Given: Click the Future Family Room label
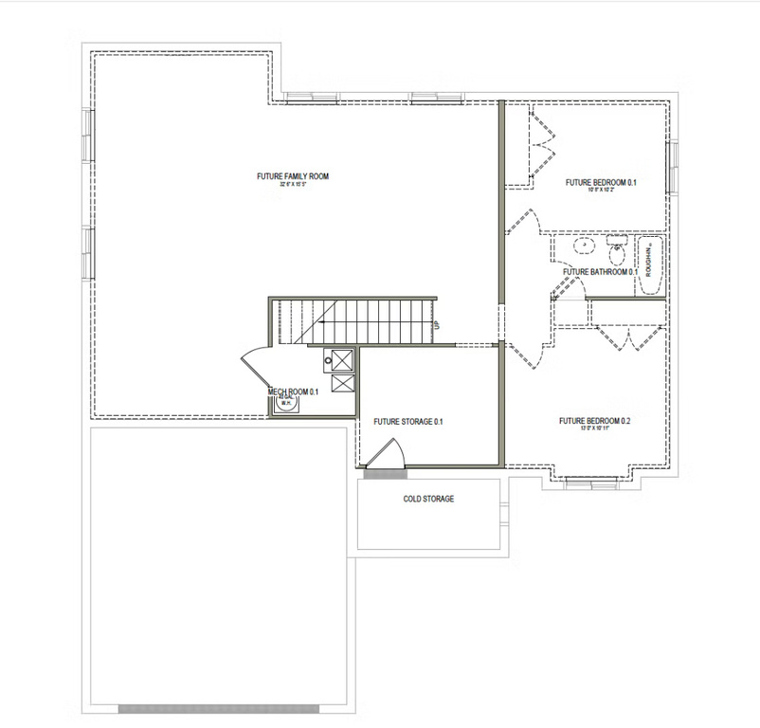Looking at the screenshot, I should [x=292, y=176].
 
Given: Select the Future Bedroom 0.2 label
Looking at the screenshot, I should [x=594, y=421].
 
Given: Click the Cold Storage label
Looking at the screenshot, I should [x=428, y=499].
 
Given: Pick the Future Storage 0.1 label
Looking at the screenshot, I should [x=408, y=422].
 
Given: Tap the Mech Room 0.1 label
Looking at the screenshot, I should [x=293, y=391].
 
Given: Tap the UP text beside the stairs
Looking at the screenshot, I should [x=436, y=325].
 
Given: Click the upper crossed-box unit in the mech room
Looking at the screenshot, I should [x=340, y=358].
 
